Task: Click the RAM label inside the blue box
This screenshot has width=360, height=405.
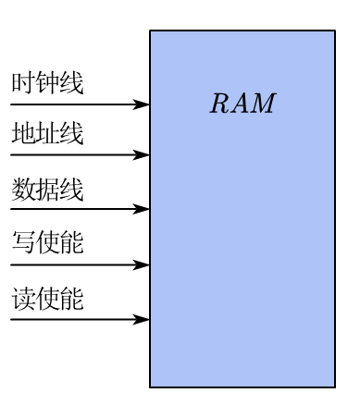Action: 242,104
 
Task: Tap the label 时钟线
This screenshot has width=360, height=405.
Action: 47,84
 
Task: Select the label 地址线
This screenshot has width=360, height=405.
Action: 47,135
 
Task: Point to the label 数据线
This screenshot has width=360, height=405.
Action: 47,190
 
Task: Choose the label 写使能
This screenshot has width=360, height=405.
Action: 47,245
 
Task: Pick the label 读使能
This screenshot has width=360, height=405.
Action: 47,301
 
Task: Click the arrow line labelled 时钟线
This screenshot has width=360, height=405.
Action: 74,104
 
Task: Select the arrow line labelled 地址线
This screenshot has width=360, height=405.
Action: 74,155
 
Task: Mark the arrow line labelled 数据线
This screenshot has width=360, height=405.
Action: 74,210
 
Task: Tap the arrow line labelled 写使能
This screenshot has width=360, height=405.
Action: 74,265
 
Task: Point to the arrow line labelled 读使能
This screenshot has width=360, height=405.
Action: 74,320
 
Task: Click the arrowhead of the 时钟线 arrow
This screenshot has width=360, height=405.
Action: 142,104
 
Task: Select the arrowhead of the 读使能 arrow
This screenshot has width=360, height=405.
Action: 142,320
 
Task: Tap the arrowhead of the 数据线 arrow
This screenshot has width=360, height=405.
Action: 142,210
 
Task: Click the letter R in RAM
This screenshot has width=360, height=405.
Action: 219,104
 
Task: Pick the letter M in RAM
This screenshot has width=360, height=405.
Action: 265,104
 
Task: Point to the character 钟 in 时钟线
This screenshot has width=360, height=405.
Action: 47,84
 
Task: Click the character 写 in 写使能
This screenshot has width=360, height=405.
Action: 23,245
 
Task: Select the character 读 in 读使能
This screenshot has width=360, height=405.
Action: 23,301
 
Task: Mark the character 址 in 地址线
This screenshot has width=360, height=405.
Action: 47,135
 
